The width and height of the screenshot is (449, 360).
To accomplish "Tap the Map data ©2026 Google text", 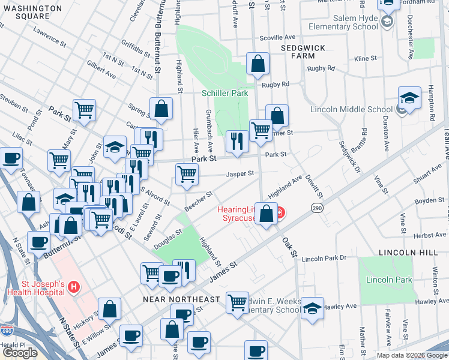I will (412, 355).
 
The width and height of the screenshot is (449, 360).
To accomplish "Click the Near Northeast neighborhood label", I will (181, 299).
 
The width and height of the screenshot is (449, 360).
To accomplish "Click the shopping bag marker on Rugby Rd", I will (258, 64).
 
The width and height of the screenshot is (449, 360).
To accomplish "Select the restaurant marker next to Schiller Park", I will (237, 142).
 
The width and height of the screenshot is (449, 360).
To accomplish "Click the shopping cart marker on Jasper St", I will (187, 175).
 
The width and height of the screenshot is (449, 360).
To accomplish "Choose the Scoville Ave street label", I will (277, 37).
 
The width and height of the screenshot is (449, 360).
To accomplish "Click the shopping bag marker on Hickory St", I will (110, 310).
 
